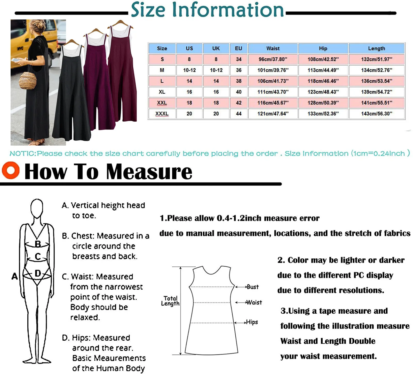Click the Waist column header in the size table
coord(273,48)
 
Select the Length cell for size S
coord(377,59)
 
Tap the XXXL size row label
coord(162,114)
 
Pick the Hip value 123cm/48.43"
coord(323,92)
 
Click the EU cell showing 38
coord(239,81)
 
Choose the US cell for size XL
coord(189,92)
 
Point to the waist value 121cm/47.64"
coord(273,114)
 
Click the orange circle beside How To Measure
coord(11,170)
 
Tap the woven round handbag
coord(28,81)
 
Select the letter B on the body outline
coord(38,244)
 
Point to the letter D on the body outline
coord(38,273)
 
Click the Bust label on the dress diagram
coord(252,287)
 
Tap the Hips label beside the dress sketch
coord(252,322)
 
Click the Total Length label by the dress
coord(170,301)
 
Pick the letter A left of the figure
coord(15,276)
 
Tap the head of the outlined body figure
coord(37,208)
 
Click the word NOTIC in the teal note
coord(23,154)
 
